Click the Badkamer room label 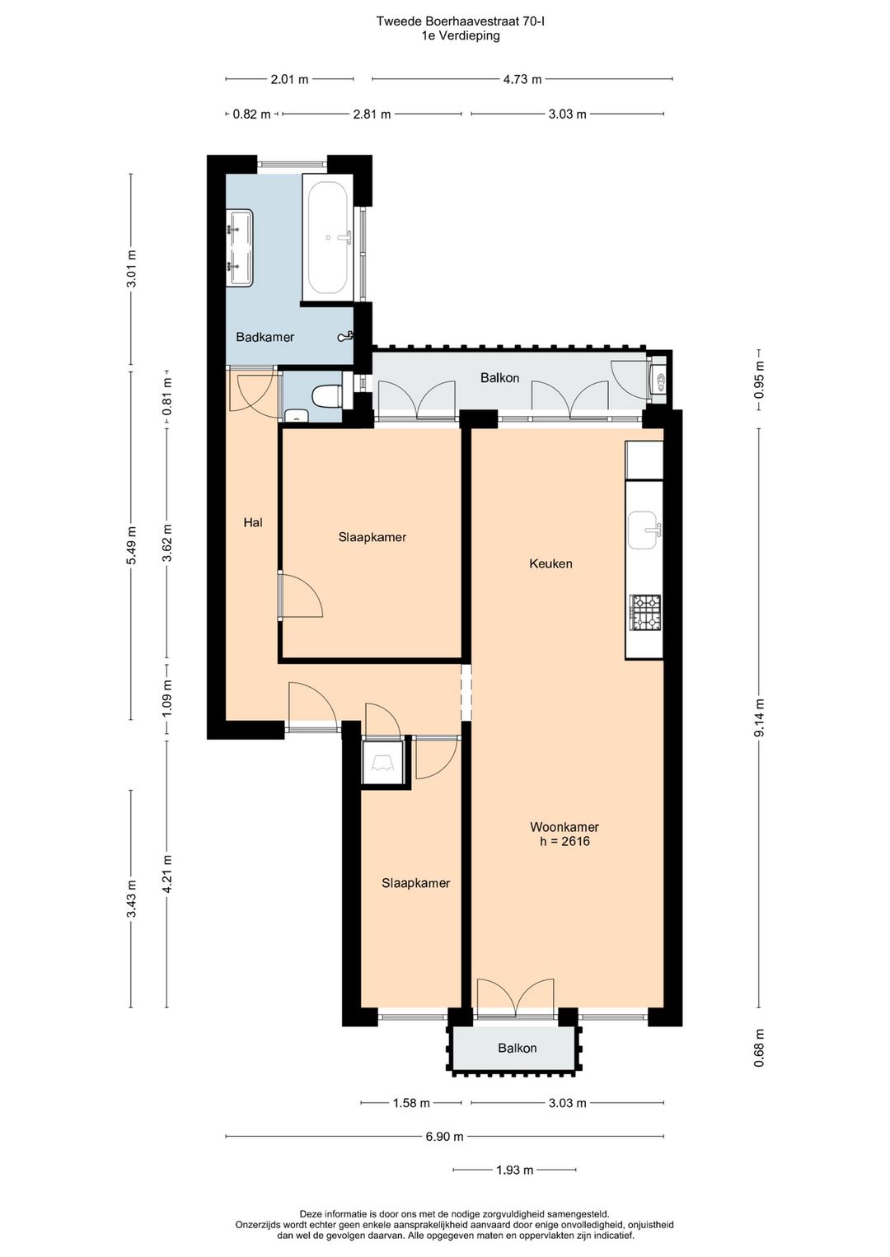[265, 337]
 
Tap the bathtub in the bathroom [328, 237]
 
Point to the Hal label [253, 522]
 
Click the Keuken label [550, 563]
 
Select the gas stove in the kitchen [646, 612]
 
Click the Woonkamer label [564, 827]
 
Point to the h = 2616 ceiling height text [564, 841]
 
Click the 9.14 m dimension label [759, 718]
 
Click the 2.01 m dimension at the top [289, 79]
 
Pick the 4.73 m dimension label [522, 79]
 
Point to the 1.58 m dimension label [411, 1103]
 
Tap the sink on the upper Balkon [657, 381]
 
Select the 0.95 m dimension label [759, 380]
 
